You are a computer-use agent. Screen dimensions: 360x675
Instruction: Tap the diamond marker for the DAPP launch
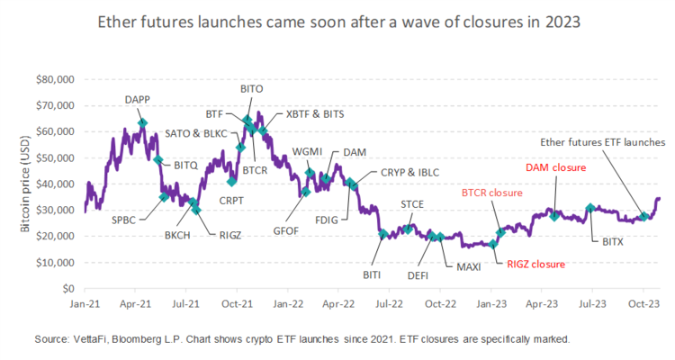click(x=143, y=122)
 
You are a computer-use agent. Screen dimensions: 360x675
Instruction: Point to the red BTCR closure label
click(x=492, y=193)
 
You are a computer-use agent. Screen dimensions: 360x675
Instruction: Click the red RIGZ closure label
click(x=536, y=265)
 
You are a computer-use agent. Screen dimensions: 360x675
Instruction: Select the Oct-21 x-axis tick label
click(x=237, y=303)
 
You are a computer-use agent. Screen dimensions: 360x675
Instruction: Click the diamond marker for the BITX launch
click(x=590, y=209)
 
